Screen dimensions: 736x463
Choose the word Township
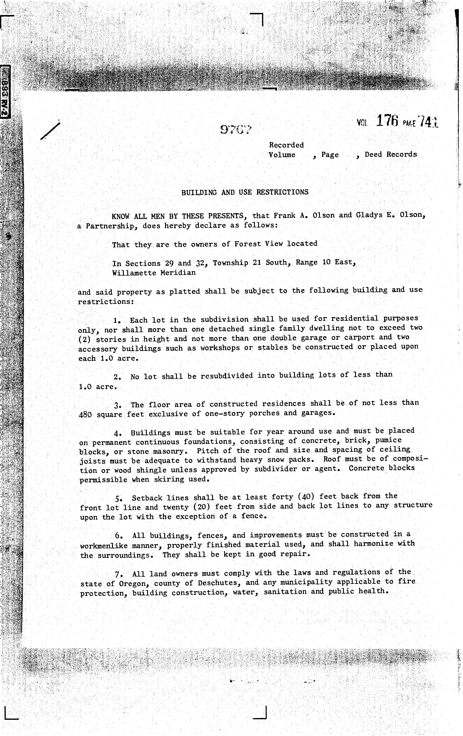click(x=230, y=263)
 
